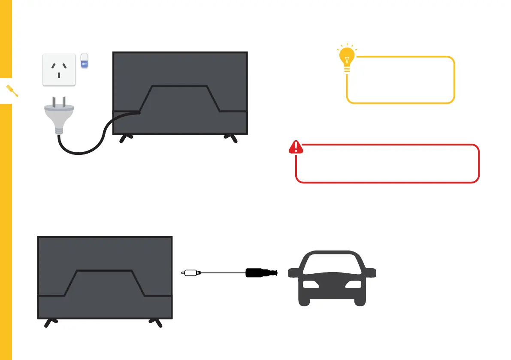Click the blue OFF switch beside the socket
click(84, 61)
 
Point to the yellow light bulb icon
click(347, 58)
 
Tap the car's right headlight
click(354, 284)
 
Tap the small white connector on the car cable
click(189, 272)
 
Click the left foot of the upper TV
click(126, 139)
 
